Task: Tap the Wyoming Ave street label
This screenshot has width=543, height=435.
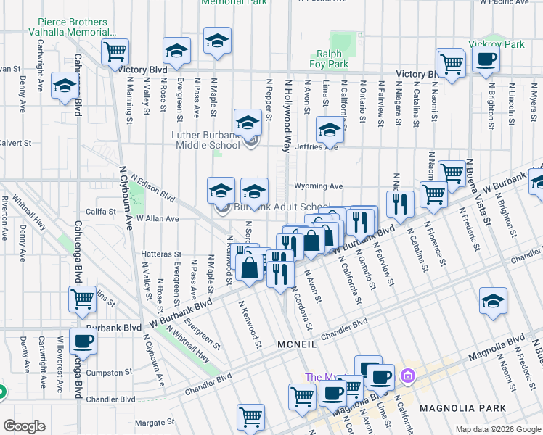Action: [x=318, y=186]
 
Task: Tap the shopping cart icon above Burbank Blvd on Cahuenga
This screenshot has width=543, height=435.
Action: [x=83, y=297]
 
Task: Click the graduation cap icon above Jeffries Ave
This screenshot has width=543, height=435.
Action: [x=329, y=130]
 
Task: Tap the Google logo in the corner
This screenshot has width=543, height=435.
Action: [x=24, y=426]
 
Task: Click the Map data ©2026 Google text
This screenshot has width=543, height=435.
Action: [x=497, y=429]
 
